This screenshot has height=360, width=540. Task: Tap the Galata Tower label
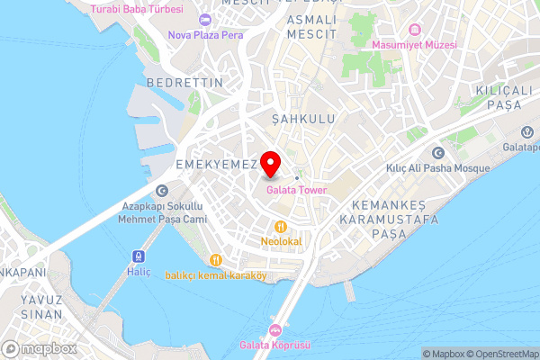[295, 190]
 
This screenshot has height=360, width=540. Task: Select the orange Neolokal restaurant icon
[282, 227]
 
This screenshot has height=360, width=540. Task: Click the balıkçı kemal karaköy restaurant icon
[215, 260]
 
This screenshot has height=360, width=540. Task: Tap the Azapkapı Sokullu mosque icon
[161, 190]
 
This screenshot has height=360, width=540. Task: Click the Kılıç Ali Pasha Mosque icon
[437, 153]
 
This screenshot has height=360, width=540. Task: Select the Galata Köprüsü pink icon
[275, 330]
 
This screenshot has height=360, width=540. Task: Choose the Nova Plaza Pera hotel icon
[205, 20]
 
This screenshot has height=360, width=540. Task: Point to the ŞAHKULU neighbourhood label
[296, 119]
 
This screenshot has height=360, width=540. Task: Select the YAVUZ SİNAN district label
[41, 307]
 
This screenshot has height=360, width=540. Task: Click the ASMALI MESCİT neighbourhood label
[311, 27]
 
